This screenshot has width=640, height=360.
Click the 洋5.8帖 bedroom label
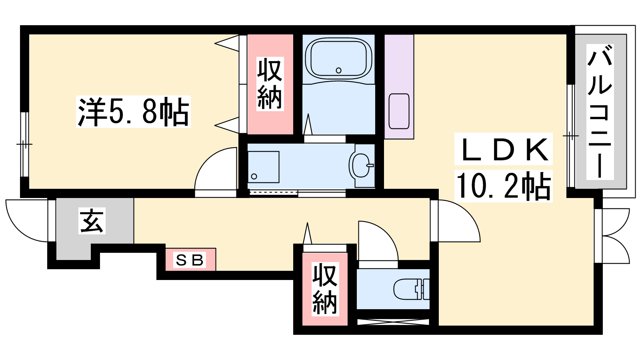[133, 112]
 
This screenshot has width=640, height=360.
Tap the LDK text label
[504, 149]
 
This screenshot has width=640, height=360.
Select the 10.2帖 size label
[504, 186]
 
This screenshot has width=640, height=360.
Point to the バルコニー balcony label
[600, 112]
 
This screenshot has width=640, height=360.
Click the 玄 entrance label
[92, 220]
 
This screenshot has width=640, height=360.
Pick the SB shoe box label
[190, 260]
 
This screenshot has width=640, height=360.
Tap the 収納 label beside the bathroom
[270, 84]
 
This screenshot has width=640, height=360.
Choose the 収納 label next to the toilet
[325, 289]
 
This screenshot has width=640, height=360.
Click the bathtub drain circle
[338, 70]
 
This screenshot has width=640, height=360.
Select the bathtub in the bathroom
[338, 60]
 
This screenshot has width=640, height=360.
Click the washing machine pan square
[264, 167]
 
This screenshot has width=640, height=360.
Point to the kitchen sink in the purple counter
[399, 111]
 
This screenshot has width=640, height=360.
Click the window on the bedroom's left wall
[25, 144]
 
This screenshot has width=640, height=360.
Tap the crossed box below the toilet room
[393, 322]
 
